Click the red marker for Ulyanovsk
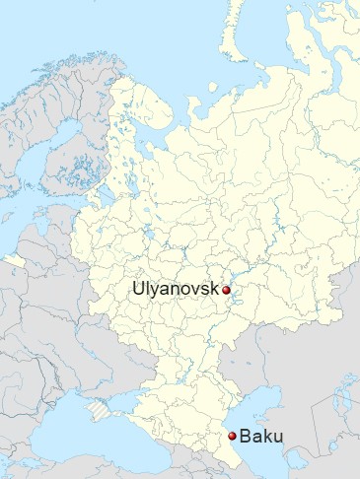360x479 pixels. click(226, 290)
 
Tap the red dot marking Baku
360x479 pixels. click(233, 436)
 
